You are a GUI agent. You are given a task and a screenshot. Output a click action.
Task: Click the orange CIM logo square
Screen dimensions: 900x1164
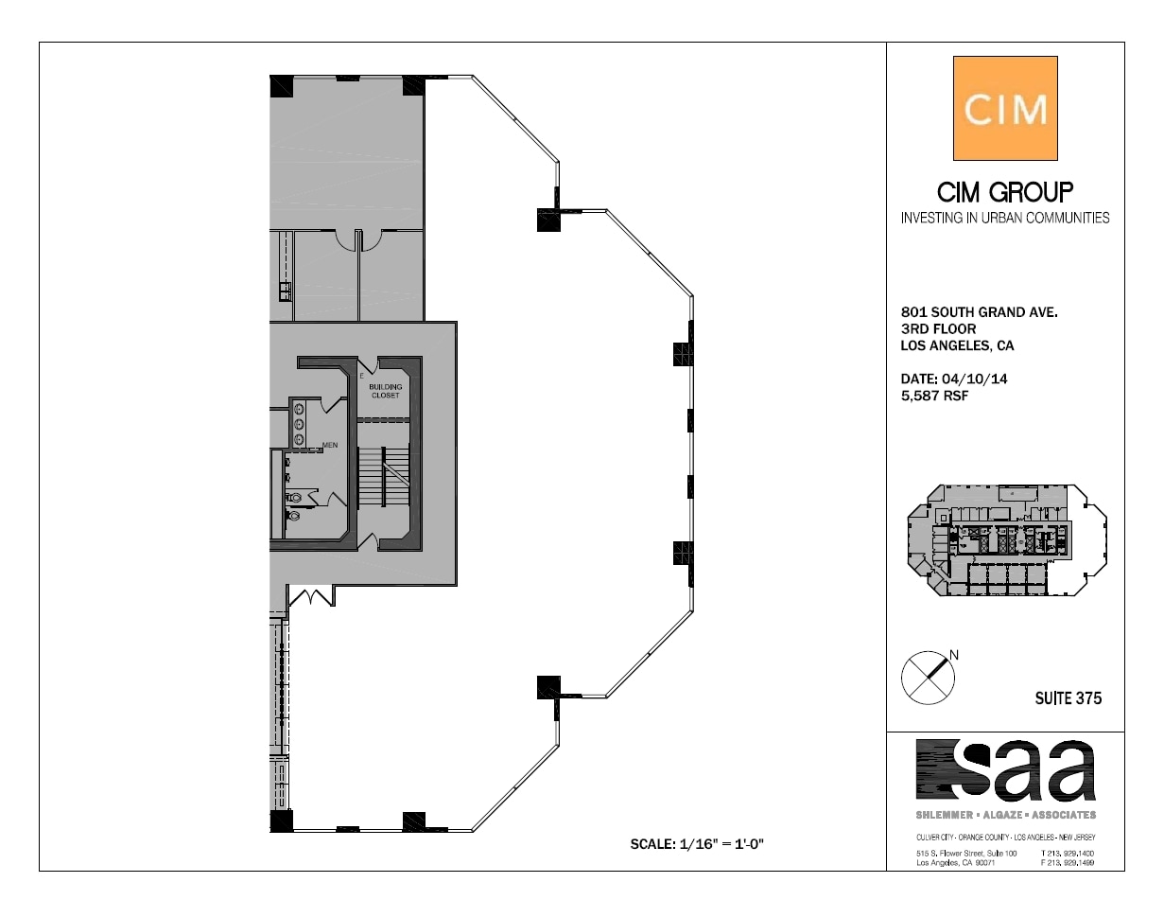(1005, 109)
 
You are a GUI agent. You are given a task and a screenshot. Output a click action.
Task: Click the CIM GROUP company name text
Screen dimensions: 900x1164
(1005, 193)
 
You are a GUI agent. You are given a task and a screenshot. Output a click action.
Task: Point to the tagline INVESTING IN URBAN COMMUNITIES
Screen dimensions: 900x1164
(1005, 218)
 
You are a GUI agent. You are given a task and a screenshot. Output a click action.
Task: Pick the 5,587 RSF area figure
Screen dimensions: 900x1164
(935, 396)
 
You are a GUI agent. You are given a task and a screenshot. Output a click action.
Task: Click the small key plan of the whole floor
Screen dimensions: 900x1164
(1006, 540)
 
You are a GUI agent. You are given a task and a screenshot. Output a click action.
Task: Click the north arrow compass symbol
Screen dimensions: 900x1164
(928, 678)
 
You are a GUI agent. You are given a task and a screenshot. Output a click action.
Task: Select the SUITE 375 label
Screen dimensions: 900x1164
(1068, 699)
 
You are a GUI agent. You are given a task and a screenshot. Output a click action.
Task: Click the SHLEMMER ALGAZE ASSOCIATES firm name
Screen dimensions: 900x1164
(1005, 815)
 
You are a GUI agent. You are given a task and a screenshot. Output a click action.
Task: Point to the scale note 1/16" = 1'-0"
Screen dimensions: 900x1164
(696, 843)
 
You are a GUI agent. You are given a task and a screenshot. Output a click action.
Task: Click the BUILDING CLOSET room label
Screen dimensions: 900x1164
(386, 391)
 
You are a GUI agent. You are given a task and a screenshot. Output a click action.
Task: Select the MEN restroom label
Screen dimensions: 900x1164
(330, 445)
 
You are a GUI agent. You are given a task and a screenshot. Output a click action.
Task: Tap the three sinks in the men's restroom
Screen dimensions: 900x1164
(300, 424)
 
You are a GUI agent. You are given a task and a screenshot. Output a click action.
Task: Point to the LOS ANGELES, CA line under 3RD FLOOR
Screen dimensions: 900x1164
(957, 345)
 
